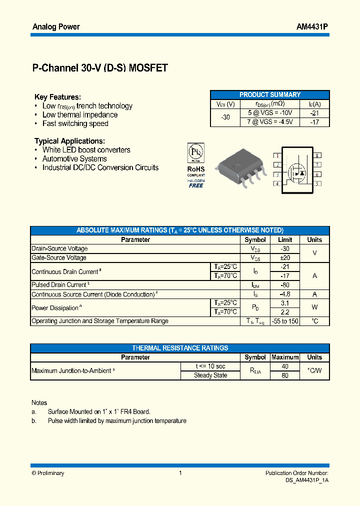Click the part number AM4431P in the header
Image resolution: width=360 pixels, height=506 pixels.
312,26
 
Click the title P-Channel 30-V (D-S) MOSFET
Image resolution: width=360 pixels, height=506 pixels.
100,68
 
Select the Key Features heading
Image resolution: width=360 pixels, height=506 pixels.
57,97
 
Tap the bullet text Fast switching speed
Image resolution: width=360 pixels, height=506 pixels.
75,123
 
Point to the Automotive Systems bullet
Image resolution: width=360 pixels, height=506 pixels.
74,158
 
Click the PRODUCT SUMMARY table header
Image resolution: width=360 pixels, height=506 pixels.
270,94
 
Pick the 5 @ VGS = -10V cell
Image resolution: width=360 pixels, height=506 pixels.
270,113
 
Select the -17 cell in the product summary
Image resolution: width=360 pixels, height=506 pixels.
314,121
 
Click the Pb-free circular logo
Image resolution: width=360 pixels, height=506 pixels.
195,151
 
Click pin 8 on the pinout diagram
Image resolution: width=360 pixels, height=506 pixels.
317,156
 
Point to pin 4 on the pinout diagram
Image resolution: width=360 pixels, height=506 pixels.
276,183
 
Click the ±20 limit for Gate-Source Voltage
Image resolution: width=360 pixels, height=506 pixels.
285,257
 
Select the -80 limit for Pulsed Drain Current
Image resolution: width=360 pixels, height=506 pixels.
285,285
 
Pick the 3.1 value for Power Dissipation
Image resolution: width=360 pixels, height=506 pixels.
285,303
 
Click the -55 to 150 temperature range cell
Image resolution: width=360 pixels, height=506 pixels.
285,321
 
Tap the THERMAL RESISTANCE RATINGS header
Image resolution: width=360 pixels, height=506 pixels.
180,348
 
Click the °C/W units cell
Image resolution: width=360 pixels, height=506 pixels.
314,370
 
